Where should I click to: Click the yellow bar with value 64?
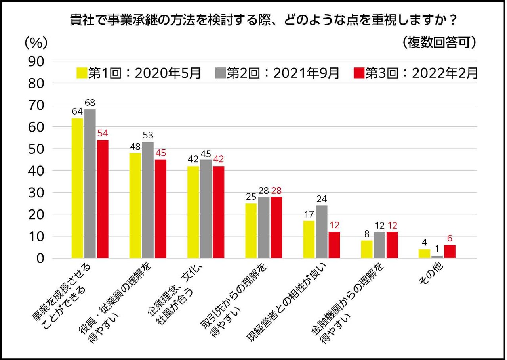pos(77,188)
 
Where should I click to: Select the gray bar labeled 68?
pos(90,184)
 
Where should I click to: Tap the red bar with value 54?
pos(103,199)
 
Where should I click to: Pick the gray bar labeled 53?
pos(148,200)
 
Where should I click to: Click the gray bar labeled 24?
pos(322,232)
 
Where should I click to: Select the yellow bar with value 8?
pos(367,249)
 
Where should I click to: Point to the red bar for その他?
pos(450,251)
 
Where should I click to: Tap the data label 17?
pos(309,215)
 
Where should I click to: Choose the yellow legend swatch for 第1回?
pos(82,73)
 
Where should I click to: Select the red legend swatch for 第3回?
pos(358,73)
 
